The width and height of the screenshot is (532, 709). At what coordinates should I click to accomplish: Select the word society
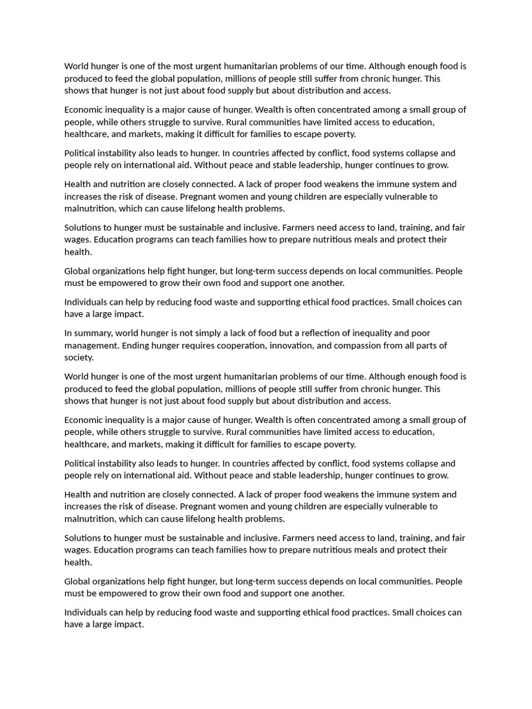(x=78, y=358)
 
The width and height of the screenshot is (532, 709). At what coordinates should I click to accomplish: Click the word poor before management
(x=420, y=333)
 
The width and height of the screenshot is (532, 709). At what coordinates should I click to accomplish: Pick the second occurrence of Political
(x=80, y=463)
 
